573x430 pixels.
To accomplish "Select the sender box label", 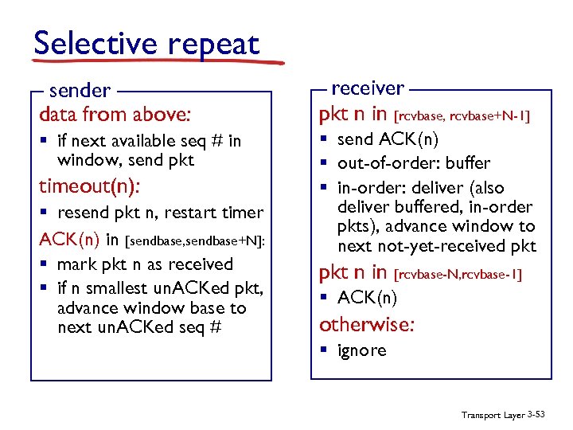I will (x=79, y=91).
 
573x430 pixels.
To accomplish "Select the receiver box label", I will (x=368, y=88).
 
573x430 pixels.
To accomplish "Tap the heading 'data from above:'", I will (x=115, y=114).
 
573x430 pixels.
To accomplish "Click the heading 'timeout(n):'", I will (x=90, y=186).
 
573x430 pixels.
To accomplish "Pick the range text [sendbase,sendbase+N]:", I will (x=196, y=240).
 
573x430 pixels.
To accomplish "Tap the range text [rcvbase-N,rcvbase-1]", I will (x=458, y=275).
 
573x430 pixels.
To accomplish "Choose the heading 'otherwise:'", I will (x=366, y=324).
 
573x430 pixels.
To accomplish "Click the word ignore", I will (x=361, y=350).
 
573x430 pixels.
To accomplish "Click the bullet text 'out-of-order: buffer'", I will (x=414, y=163).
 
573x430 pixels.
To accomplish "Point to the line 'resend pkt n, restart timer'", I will (x=159, y=213).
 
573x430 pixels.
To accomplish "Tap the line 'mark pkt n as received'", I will (x=145, y=264).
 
